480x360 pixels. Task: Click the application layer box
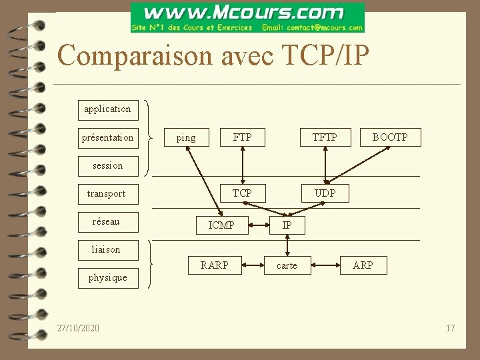pos(107,109)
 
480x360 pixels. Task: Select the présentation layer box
pos(107,138)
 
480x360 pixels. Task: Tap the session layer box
pos(107,165)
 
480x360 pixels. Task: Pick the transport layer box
pos(107,193)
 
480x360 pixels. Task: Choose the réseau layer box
pos(106,221)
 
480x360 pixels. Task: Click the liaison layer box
pos(106,249)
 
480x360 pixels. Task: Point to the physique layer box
pos(107,277)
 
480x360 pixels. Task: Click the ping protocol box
pos(186,138)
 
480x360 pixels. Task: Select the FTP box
pos(243,137)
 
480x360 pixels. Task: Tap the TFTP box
pos(325,137)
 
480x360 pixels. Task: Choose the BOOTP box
pos(390,137)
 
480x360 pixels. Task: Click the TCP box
pos(242,193)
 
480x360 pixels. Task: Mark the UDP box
pos(325,193)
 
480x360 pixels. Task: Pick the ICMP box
pos(221,225)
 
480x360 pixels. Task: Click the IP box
pos(287,225)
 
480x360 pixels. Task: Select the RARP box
pos(215,265)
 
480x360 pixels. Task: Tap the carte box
pos(287,265)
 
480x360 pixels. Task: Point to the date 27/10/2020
pos(78,328)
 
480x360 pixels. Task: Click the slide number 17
pos(451,328)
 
